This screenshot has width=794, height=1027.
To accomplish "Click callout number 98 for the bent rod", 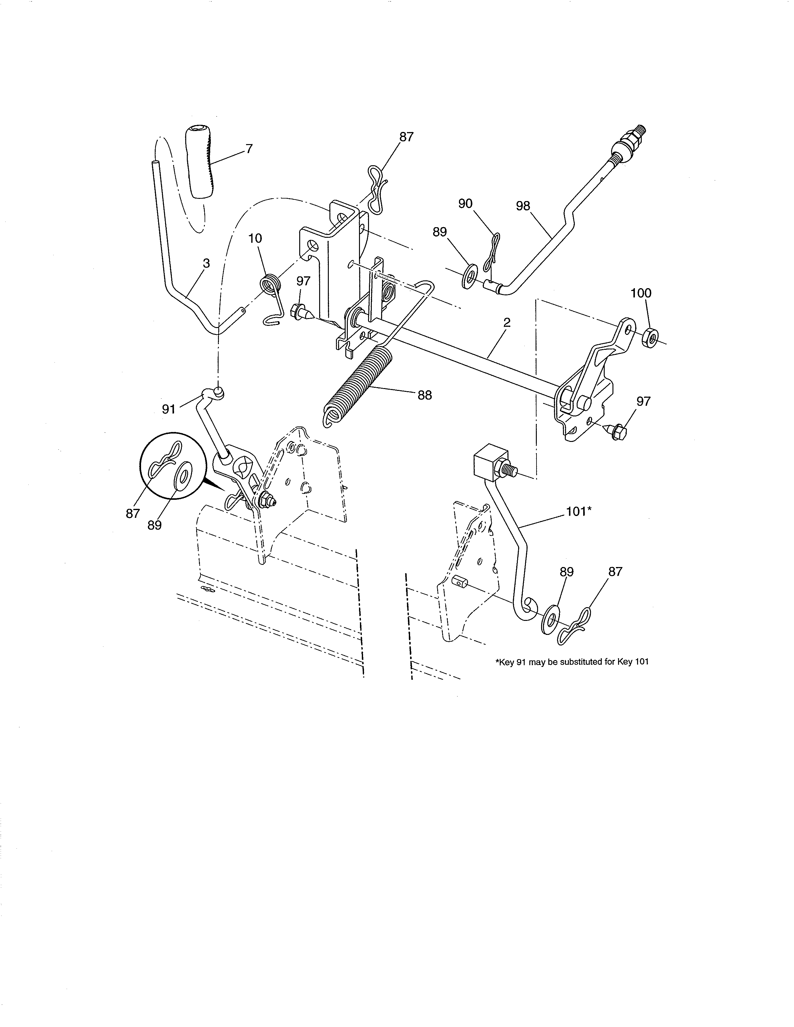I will [523, 206].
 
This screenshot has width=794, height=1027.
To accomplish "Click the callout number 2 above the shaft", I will [507, 323].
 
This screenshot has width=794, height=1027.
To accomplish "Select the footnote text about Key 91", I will [571, 662].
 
